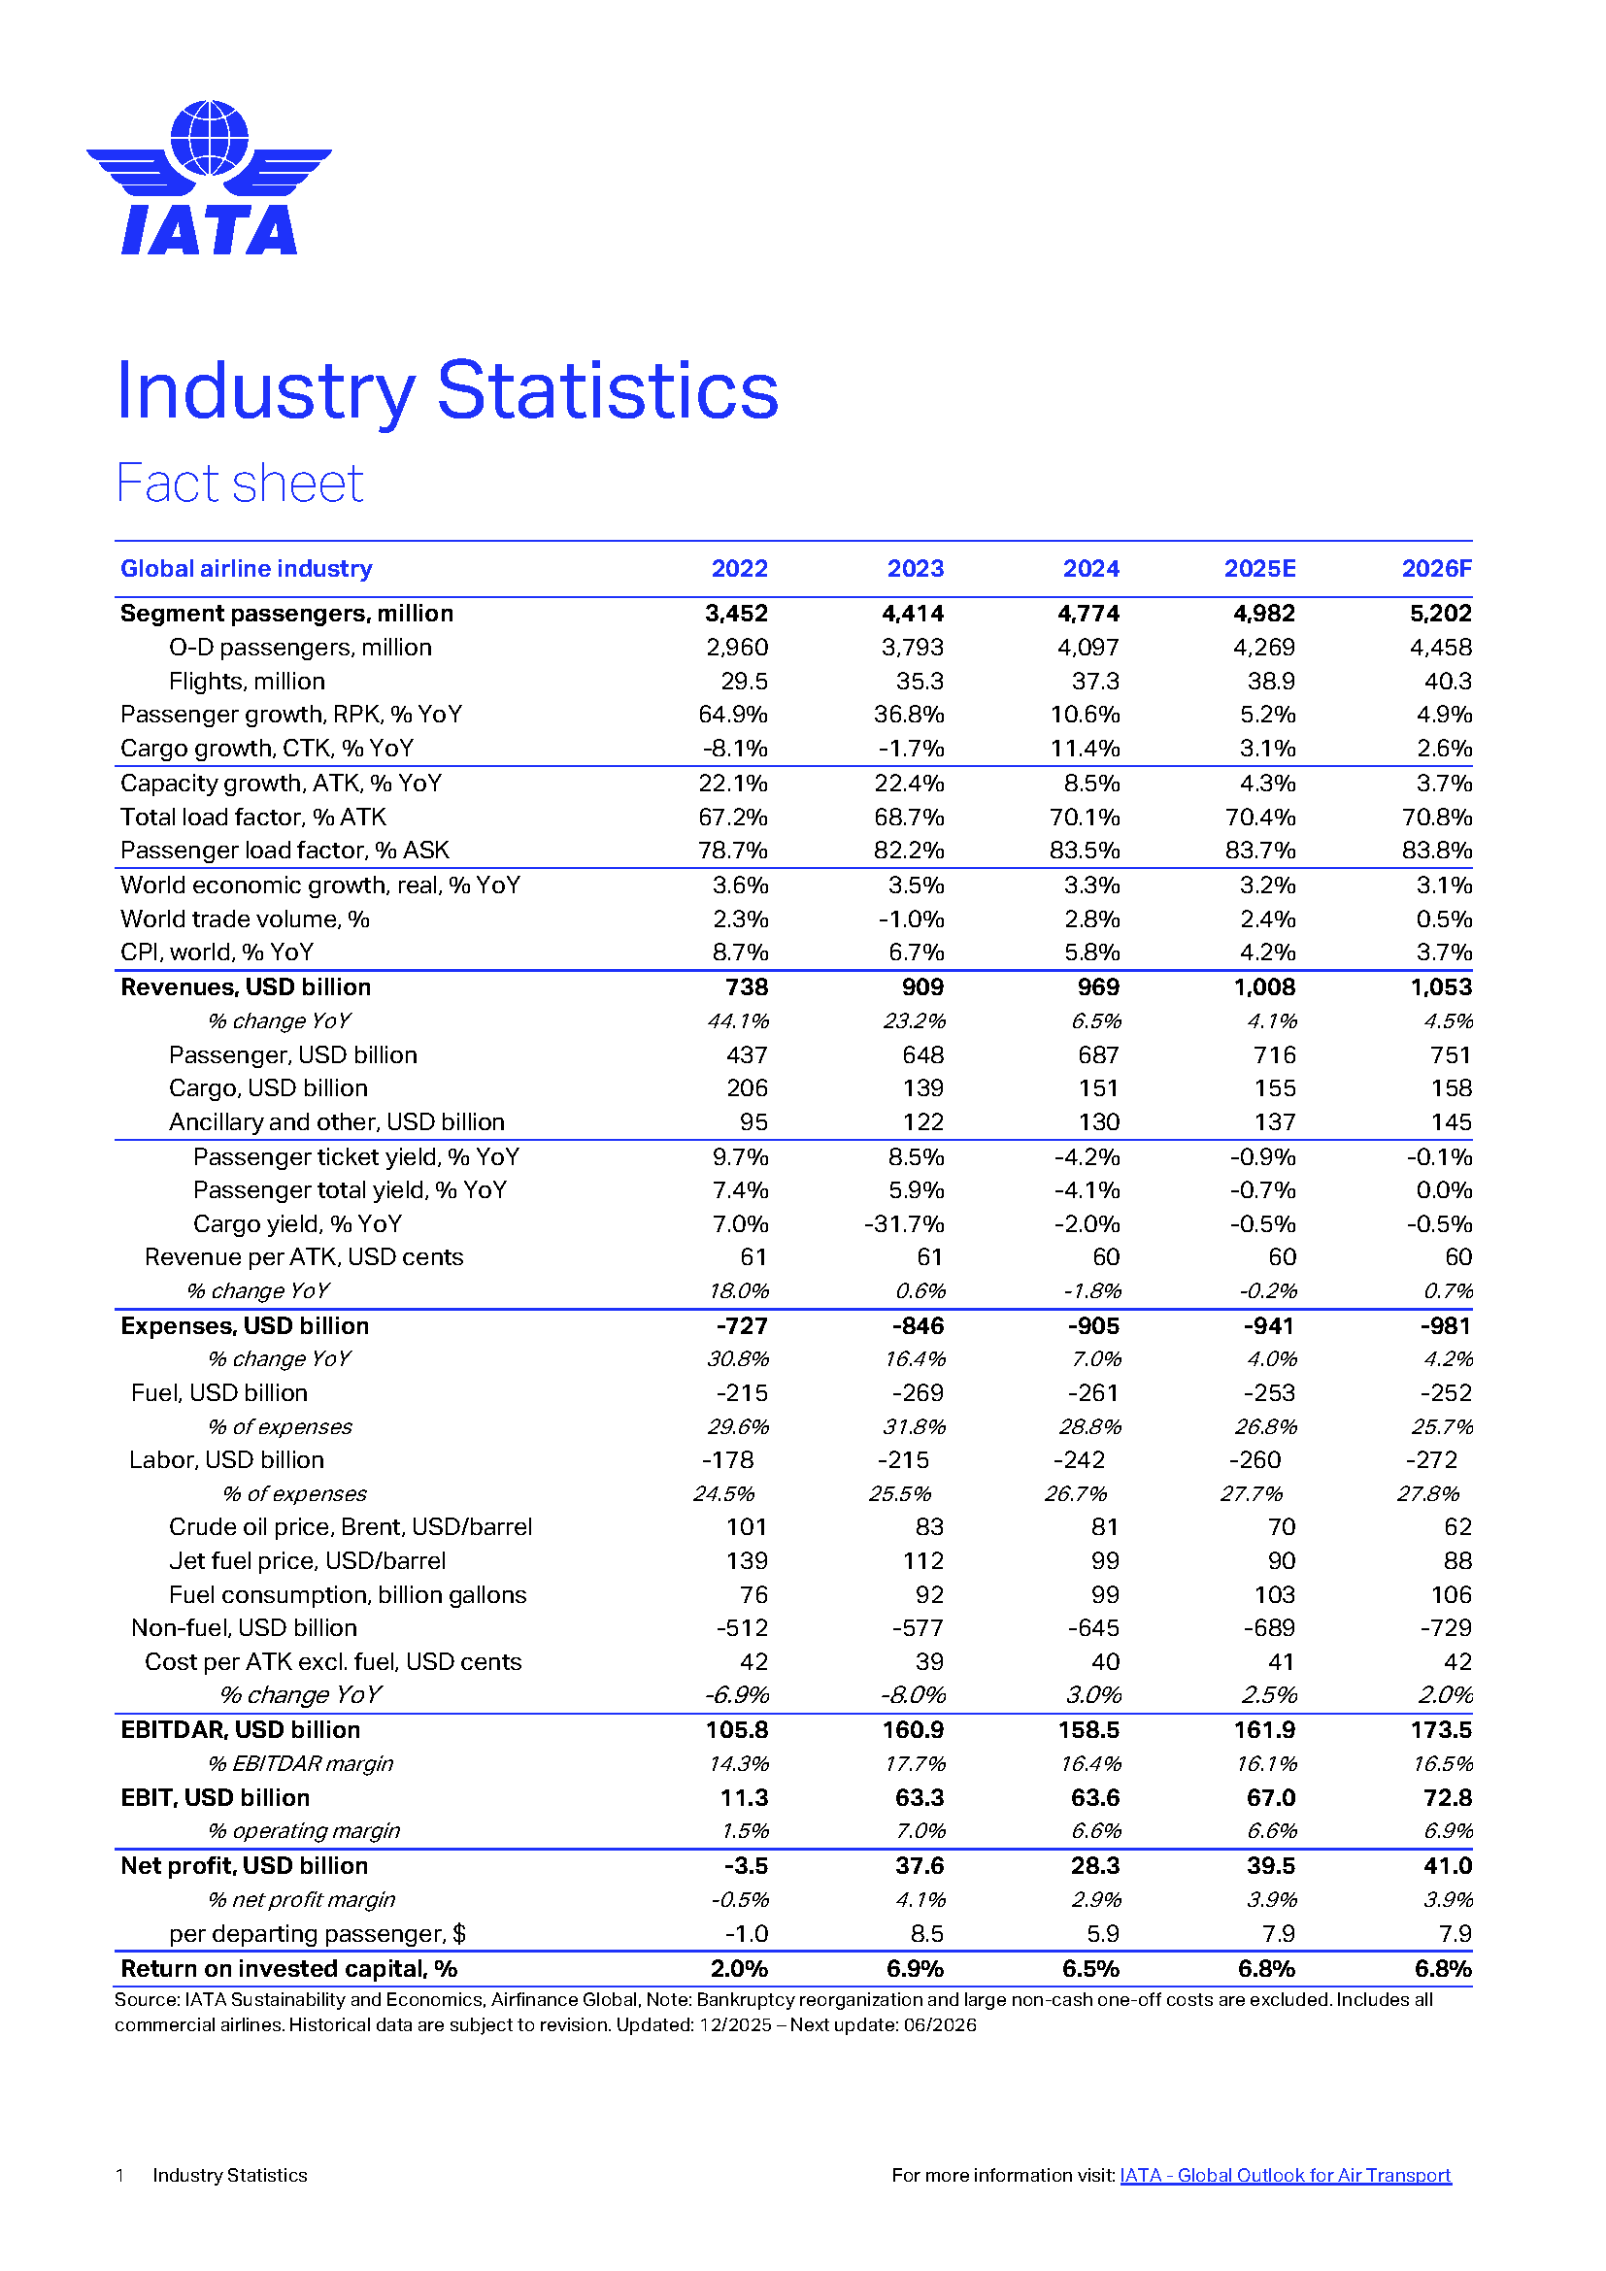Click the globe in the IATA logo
point(209,138)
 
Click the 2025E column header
point(1259,569)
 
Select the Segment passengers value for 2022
point(736,614)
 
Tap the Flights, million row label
point(247,682)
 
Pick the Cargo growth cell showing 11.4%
point(1085,749)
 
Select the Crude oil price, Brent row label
point(351,1527)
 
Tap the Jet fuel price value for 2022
point(747,1561)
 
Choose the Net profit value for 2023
point(919,1866)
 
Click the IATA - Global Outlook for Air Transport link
point(1285,2175)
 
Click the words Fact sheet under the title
point(239,484)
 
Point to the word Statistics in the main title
point(607,390)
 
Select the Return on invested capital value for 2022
point(739,1969)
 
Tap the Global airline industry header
point(247,569)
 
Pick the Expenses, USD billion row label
point(245,1326)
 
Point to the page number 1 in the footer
point(119,2175)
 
